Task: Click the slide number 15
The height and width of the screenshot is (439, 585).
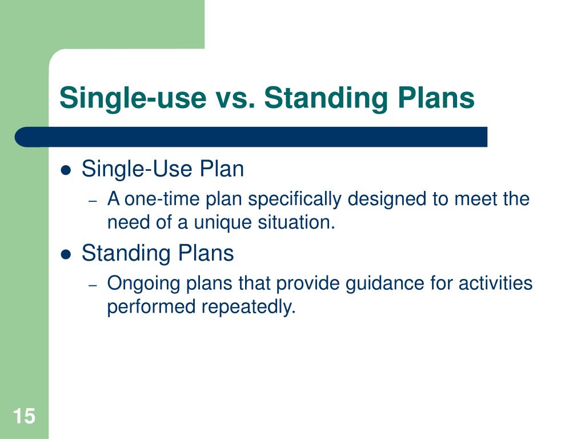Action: coord(24,416)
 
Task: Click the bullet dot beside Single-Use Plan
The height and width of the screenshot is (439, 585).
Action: coord(66,170)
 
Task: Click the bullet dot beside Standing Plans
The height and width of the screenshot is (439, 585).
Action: coord(66,254)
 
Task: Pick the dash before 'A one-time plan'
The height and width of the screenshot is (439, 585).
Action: coord(93,201)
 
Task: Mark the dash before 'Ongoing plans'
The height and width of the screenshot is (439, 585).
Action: coord(93,285)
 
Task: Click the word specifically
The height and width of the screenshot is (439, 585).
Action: coord(295,199)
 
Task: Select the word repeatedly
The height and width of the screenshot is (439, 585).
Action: coord(249,307)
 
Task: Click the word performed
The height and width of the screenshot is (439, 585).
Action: coord(151,307)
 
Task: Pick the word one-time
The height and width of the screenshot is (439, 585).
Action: coord(162,199)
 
